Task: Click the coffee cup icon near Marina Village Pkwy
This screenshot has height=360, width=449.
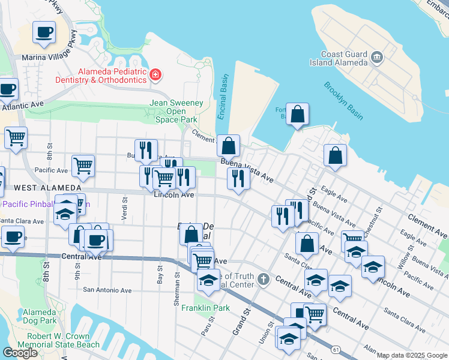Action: point(44,32)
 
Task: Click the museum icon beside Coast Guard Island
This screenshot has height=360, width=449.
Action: point(376,58)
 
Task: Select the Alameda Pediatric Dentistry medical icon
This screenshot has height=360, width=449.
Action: point(155,75)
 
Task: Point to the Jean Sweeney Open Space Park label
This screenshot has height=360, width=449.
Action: point(176,111)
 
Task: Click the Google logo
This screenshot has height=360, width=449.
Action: point(20,353)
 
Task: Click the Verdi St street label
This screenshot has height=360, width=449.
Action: point(124,209)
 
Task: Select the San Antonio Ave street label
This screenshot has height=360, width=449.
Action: point(107,290)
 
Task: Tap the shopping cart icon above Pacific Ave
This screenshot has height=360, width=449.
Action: point(83,166)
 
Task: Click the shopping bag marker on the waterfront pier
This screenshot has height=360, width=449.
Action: point(297,113)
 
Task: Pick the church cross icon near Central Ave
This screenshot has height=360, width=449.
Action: point(264,280)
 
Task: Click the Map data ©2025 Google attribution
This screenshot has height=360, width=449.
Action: point(412,355)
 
